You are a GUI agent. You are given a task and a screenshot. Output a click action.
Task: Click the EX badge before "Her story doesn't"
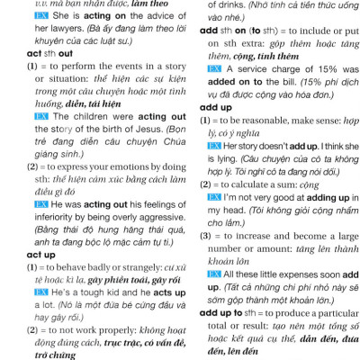214,145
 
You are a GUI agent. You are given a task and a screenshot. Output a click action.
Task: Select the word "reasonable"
283,120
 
